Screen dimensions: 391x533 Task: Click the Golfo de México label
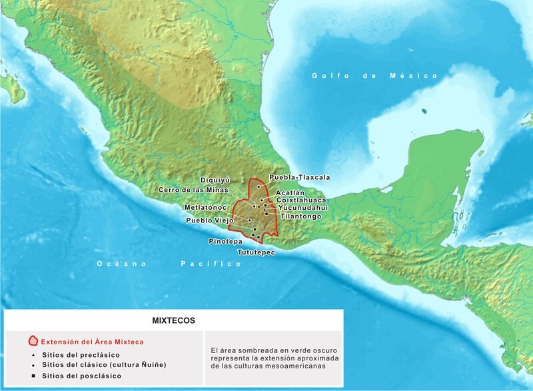[376, 77]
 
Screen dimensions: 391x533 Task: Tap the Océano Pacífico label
[169, 264]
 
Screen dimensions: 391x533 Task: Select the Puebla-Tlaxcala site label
[299, 178]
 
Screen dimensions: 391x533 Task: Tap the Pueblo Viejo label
[209, 220]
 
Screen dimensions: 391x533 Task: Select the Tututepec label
[255, 253]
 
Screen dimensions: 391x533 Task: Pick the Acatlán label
[290, 193]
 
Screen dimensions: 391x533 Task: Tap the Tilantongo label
[301, 216]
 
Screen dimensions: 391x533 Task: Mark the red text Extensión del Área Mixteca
[91, 341]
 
